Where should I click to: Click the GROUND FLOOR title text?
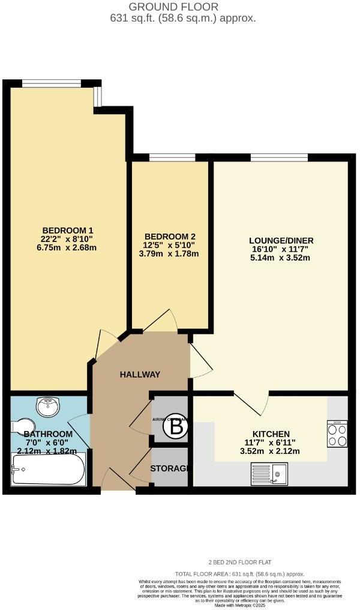point(174,7)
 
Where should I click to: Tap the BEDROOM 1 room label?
point(68,230)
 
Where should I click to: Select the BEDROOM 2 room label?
point(170,237)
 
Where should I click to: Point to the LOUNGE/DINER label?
point(281,241)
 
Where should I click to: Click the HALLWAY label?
point(140,375)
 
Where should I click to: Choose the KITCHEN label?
point(271,434)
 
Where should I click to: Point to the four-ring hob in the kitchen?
point(336,434)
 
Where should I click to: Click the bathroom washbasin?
point(47,407)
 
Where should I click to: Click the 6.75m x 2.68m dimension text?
point(68,247)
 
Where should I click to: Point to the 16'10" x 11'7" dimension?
point(281,250)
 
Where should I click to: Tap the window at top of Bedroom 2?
point(172,158)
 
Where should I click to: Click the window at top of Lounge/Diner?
point(279,158)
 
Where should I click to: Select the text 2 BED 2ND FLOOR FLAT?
point(240,563)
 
